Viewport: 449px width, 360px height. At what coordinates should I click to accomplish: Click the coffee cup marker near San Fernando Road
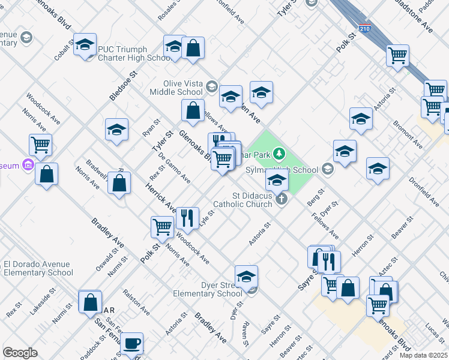coord(131,344)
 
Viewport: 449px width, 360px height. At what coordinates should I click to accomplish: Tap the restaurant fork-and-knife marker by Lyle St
coord(187,218)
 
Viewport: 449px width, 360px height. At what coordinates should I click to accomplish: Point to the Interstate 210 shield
coord(365,28)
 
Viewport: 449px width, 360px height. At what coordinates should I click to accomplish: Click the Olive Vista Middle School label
coord(182,88)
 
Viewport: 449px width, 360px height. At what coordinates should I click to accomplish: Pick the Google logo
coord(20,353)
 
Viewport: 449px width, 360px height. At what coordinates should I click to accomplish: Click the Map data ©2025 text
coord(424,355)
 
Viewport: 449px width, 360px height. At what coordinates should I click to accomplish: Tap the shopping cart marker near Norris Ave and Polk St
coord(163,227)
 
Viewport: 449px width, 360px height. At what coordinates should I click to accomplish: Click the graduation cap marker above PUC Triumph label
coord(85,44)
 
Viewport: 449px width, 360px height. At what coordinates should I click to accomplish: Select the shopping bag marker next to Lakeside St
coord(90,302)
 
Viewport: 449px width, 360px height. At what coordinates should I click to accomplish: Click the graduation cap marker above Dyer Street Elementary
coord(246,277)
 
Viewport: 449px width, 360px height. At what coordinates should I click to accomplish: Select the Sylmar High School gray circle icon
coord(327,169)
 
